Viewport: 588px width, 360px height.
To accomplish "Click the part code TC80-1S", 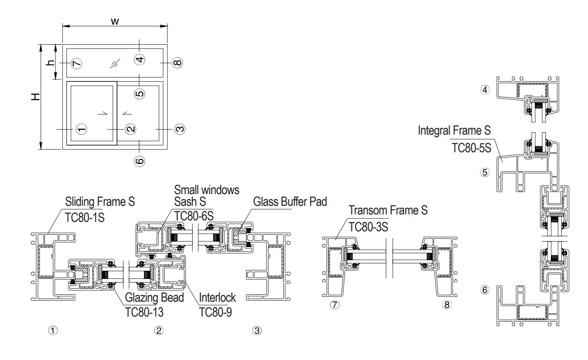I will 85,217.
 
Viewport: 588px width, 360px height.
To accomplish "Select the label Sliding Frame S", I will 100,202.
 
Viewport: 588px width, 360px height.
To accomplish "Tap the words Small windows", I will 207,190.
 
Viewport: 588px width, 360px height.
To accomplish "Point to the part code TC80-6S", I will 194,216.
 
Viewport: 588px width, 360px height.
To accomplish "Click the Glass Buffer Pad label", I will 290,202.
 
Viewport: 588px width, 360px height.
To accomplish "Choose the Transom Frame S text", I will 388,210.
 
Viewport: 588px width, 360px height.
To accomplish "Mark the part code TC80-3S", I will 368,227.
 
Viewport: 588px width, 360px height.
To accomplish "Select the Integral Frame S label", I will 454,130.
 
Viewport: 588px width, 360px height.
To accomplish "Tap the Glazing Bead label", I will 154,297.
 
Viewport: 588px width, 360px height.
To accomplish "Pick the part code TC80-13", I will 144,312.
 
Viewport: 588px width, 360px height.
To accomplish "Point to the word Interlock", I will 217,297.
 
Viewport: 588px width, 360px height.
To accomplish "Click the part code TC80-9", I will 215,312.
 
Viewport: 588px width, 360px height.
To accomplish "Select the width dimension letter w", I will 115,21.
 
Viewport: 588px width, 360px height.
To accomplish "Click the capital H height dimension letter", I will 36,96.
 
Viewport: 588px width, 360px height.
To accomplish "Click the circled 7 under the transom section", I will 334,304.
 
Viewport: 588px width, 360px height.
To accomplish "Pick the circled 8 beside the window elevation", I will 177,63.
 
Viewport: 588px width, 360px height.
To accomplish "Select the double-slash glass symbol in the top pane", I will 114,63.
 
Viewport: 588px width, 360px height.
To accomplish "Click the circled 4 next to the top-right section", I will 485,90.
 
